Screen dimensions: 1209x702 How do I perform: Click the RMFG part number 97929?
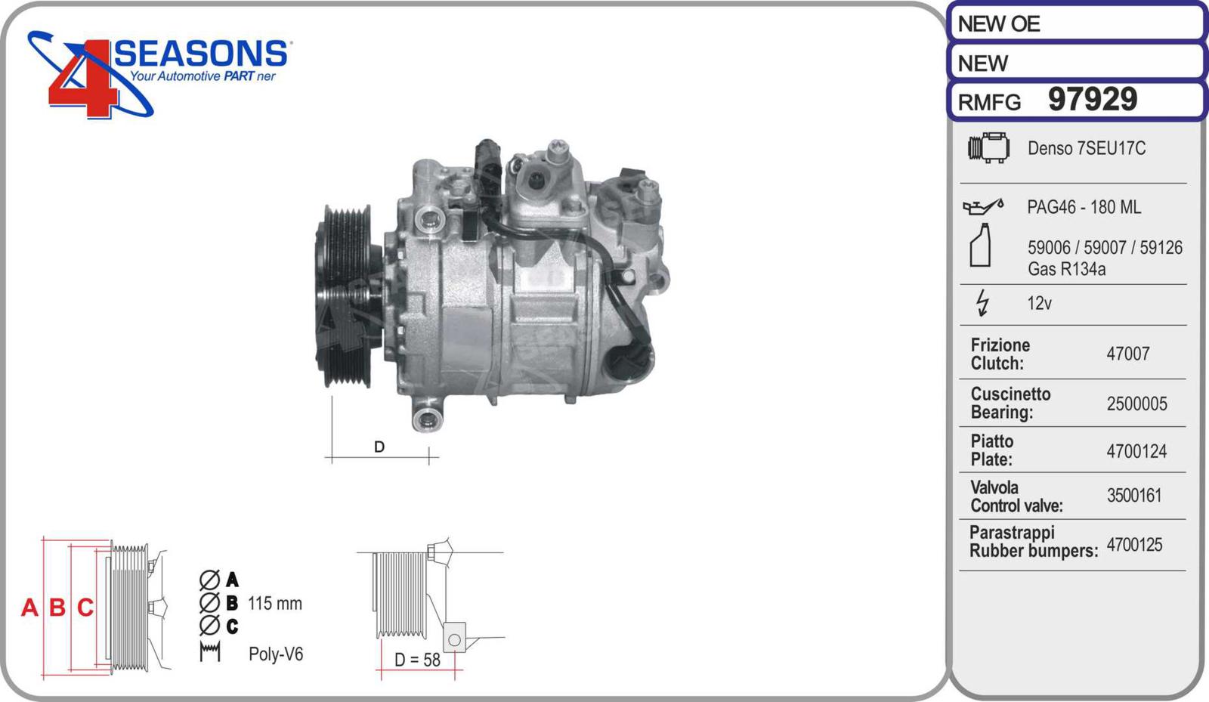tap(1093, 99)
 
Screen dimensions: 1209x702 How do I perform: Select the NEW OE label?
tap(998, 23)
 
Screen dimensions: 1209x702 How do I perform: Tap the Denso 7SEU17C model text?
tap(1086, 148)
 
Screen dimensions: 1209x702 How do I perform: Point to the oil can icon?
tap(983, 206)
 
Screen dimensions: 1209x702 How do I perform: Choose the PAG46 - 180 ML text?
tap(1084, 207)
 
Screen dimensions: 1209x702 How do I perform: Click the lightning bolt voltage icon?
tap(983, 303)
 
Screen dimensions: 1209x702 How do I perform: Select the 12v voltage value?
tap(1039, 303)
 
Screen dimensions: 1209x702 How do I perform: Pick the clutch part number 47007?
tap(1127, 354)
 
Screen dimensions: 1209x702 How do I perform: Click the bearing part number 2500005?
tap(1136, 404)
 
